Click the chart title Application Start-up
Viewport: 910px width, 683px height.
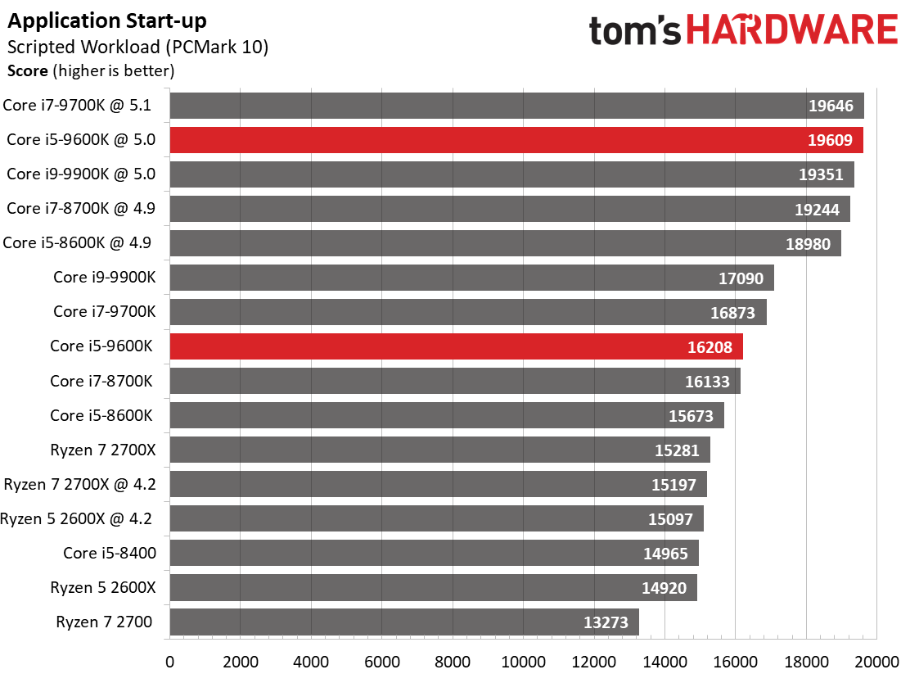pyautogui.click(x=106, y=21)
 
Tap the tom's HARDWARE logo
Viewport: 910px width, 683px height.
pyautogui.click(x=743, y=29)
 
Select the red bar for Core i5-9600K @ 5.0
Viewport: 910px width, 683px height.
pyautogui.click(x=516, y=140)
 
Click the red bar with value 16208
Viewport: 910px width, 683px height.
pyautogui.click(x=456, y=346)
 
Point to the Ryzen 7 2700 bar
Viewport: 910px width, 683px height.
pyautogui.click(x=404, y=622)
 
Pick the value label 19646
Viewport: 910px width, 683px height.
pyautogui.click(x=831, y=106)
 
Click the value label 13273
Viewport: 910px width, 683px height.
pyautogui.click(x=606, y=622)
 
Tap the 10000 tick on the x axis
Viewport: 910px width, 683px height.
pyautogui.click(x=524, y=662)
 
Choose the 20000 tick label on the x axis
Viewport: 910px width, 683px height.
pyautogui.click(x=876, y=662)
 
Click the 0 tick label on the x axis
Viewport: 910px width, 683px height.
pyautogui.click(x=169, y=662)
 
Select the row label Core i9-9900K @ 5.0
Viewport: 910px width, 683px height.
pyautogui.click(x=81, y=174)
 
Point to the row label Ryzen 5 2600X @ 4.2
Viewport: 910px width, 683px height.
pyautogui.click(x=76, y=518)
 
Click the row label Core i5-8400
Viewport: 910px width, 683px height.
pyautogui.click(x=110, y=553)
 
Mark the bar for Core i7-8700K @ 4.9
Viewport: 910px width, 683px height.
pyautogui.click(x=510, y=209)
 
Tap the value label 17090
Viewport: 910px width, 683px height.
pyautogui.click(x=741, y=278)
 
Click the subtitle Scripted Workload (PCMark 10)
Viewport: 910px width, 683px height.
pyautogui.click(x=137, y=47)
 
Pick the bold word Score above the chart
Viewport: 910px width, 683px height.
pyautogui.click(x=27, y=71)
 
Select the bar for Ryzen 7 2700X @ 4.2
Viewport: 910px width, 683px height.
pyautogui.click(x=438, y=484)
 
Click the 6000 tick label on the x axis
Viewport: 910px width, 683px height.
pyautogui.click(x=382, y=662)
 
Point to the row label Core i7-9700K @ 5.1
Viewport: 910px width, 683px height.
pyautogui.click(x=77, y=105)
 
